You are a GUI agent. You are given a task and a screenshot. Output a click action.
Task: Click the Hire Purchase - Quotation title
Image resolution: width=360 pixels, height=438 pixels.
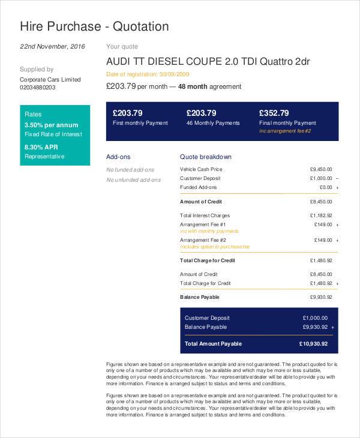pyautogui.click(x=94, y=26)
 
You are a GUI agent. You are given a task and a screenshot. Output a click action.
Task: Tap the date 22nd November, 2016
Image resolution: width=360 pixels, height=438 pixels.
pyautogui.click(x=53, y=46)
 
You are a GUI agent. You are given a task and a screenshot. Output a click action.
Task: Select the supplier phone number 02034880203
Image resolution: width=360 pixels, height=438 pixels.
pyautogui.click(x=37, y=88)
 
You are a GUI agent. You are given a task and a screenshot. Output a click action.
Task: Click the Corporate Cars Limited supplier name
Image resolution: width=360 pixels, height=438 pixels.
pyautogui.click(x=50, y=79)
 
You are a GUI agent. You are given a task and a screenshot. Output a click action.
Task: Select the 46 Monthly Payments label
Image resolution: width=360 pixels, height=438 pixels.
pyautogui.click(x=213, y=123)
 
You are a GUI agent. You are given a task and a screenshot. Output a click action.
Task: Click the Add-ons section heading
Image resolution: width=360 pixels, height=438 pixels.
pyautogui.click(x=118, y=157)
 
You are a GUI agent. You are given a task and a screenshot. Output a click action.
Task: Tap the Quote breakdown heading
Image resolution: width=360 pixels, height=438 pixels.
pyautogui.click(x=206, y=157)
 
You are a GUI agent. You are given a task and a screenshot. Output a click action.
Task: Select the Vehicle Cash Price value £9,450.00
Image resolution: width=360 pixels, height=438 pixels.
pyautogui.click(x=320, y=169)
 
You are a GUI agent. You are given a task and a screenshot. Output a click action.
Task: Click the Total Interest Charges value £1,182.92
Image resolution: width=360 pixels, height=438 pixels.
pyautogui.click(x=320, y=215)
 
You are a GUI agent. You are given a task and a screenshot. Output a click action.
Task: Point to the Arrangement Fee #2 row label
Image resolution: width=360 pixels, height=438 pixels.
pyautogui.click(x=203, y=240)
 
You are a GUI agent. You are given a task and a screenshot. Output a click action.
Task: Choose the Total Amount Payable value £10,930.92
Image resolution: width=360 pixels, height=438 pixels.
pyautogui.click(x=313, y=344)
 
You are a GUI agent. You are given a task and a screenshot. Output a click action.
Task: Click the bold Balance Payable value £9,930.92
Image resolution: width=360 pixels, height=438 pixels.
pyautogui.click(x=320, y=297)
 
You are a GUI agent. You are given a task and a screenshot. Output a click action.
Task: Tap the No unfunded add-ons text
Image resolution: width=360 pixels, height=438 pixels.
pyautogui.click(x=133, y=179)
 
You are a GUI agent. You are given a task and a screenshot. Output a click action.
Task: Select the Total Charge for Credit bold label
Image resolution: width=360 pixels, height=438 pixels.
pyautogui.click(x=208, y=260)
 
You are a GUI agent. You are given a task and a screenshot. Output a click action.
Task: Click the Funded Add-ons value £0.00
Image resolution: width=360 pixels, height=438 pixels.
pyautogui.click(x=324, y=187)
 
